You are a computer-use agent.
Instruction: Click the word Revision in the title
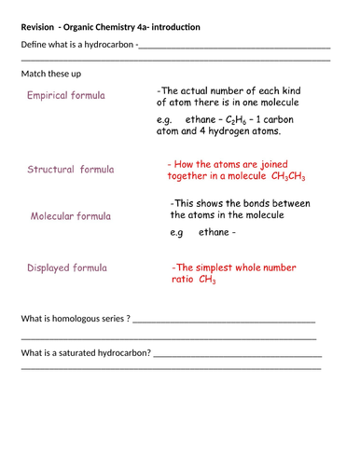click(39, 26)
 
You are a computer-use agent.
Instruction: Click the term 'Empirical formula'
click(66, 95)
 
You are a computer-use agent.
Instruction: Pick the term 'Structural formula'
click(71, 170)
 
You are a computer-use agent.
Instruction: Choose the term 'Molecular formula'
click(71, 216)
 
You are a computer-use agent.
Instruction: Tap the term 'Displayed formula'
click(67, 267)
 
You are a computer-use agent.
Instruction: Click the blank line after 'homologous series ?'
click(224, 321)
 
